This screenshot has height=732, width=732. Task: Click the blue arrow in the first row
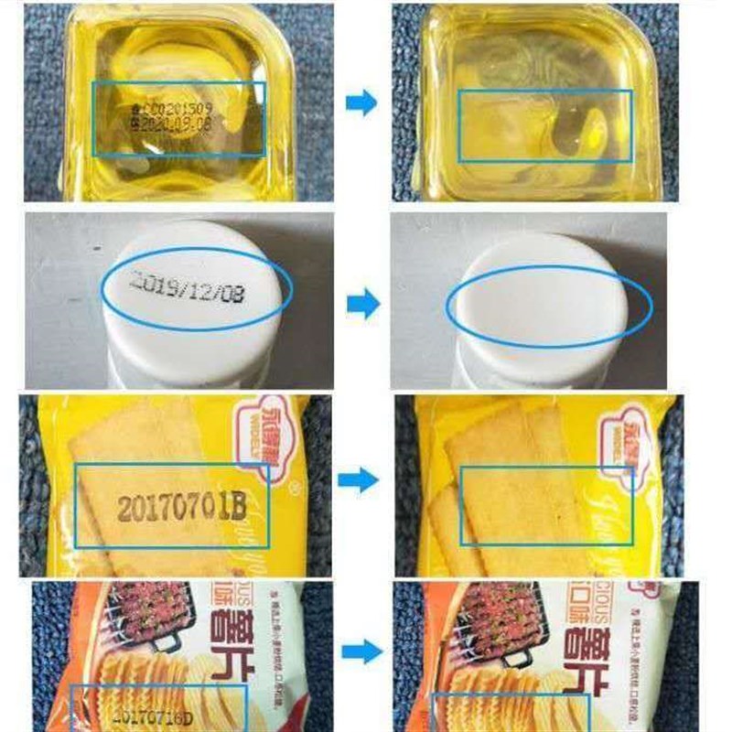click(x=361, y=103)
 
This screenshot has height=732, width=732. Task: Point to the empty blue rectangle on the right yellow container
click(x=544, y=125)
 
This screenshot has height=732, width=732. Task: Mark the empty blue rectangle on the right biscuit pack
click(x=545, y=506)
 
